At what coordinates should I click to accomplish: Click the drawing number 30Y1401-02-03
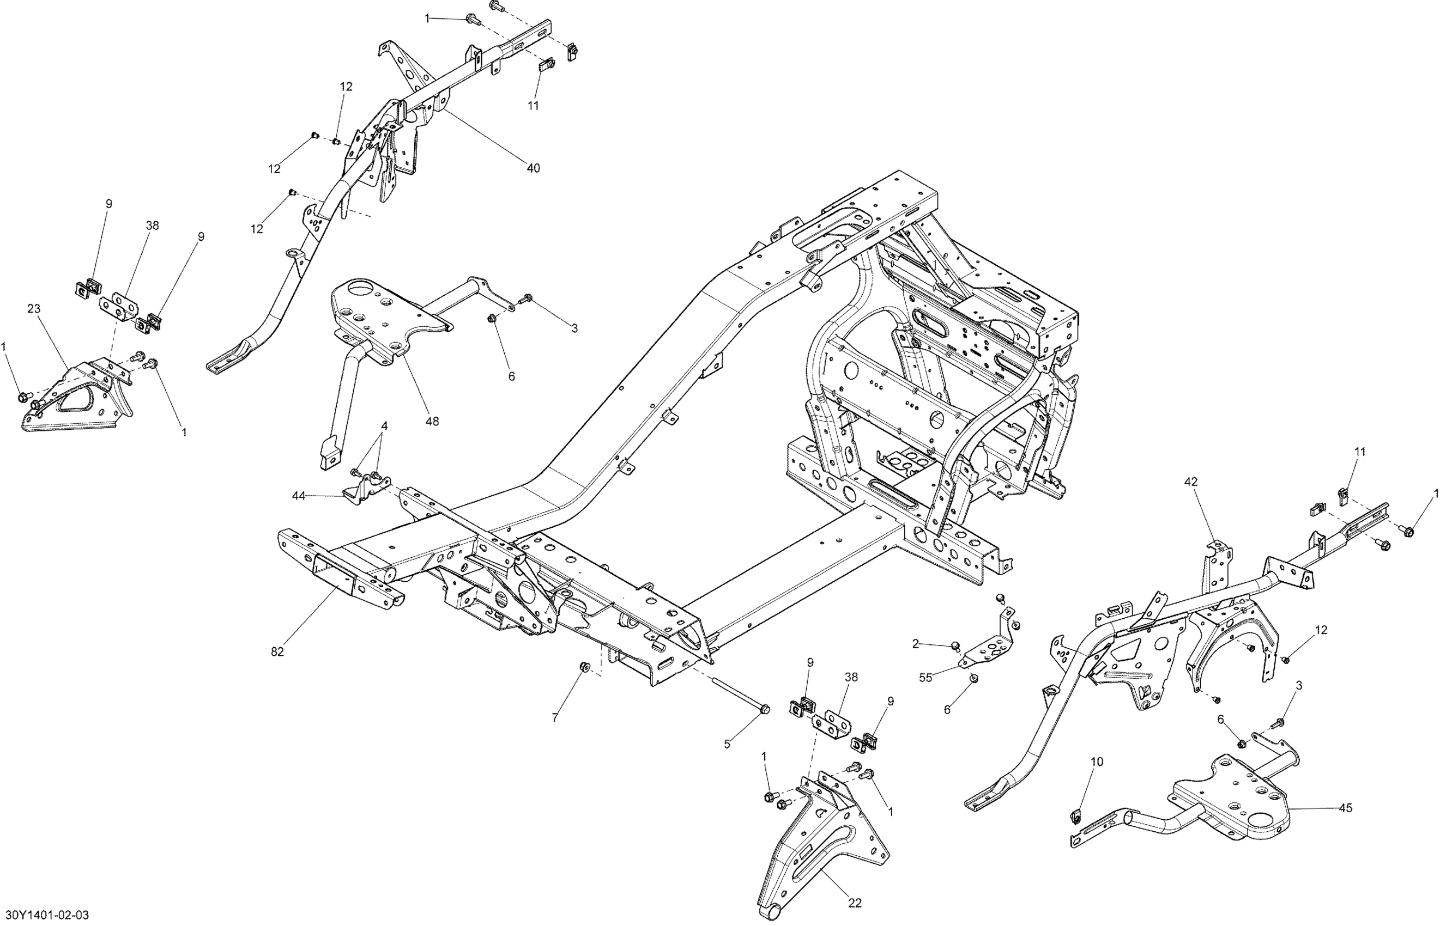coord(45,915)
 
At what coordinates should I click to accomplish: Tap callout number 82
coord(277,651)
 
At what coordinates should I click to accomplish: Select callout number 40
coord(533,168)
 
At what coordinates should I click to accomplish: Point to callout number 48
coord(432,422)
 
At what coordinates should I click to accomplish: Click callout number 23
coord(34,308)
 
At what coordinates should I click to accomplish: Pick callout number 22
coord(855,903)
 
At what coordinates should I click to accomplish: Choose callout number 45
coord(1346,808)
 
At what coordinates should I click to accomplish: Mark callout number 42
coord(1191,482)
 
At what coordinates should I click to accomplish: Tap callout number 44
coord(299,496)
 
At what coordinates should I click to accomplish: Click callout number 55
coord(925,678)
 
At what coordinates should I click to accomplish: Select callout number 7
coord(555,717)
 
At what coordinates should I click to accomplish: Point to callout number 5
coord(727,745)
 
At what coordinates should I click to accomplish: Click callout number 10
coord(1097,762)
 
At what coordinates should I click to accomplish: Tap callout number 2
coord(916,644)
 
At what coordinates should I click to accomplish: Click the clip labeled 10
coord(1076,816)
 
